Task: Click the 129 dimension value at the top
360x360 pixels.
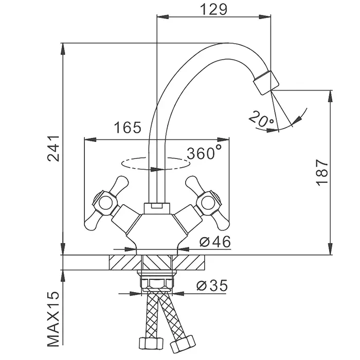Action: point(213,9)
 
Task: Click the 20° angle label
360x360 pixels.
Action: point(261,120)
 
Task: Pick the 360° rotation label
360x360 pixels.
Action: point(204,153)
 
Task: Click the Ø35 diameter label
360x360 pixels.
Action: point(211,285)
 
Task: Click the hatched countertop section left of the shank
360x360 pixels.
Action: point(124,262)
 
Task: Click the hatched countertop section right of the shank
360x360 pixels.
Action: point(191,262)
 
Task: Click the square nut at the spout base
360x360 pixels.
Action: point(156,207)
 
